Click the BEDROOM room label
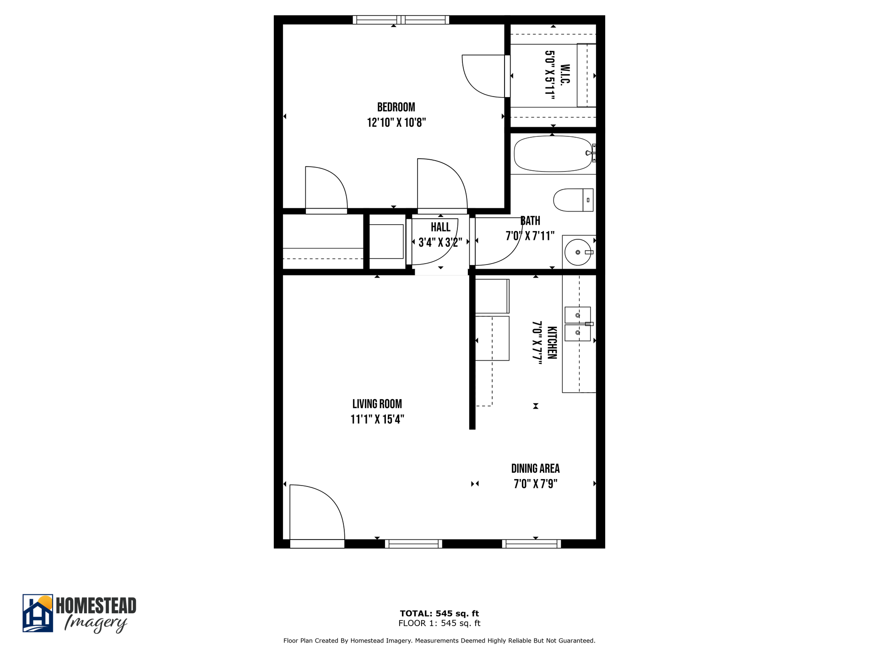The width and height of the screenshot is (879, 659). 396,107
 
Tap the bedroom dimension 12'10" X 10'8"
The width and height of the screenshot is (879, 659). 396,123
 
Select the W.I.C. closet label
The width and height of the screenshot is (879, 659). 565,74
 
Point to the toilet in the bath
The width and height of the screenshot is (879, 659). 572,200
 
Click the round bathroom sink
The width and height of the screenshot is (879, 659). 578,252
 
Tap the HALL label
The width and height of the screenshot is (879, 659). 440,227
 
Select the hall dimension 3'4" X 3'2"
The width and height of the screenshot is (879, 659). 440,242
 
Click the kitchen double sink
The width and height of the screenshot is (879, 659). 577,324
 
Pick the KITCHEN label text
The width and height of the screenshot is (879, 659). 552,342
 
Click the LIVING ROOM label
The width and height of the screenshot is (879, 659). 377,404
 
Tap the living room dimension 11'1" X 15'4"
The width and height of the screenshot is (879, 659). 377,419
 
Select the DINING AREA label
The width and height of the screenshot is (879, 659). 535,469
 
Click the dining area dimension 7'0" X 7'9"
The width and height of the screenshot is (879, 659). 535,484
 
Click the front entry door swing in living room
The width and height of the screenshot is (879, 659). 316,513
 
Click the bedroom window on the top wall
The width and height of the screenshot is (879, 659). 401,20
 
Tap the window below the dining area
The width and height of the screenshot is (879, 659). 531,544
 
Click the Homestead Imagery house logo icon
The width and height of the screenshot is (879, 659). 38,613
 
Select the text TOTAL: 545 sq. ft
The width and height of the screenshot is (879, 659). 439,613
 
